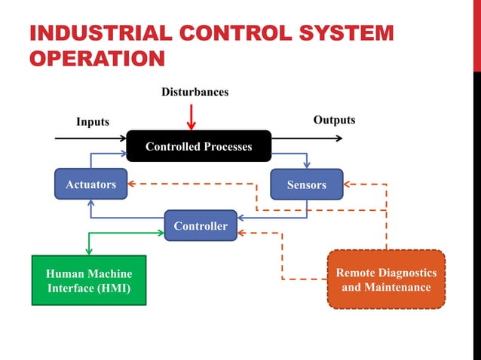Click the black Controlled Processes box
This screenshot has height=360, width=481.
click(x=198, y=146)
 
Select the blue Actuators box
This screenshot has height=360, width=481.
click(x=90, y=184)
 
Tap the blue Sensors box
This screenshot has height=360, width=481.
click(x=306, y=184)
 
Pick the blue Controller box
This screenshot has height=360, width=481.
click(x=201, y=226)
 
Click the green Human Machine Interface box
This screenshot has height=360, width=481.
click(x=88, y=280)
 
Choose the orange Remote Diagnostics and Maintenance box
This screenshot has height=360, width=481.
click(x=386, y=279)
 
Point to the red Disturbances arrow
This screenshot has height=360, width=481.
click(x=191, y=117)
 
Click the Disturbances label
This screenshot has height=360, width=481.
click(x=195, y=92)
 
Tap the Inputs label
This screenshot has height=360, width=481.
click(x=93, y=121)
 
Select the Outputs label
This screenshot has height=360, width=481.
click(x=334, y=120)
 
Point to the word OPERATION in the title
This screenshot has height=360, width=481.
click(x=97, y=58)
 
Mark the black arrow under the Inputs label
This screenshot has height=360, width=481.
click(x=90, y=139)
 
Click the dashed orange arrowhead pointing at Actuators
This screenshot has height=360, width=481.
click(x=131, y=184)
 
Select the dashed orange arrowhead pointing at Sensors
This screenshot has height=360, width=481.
click(x=348, y=184)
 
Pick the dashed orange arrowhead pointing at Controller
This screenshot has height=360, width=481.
click(x=242, y=233)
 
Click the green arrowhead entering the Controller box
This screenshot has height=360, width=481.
click(x=160, y=233)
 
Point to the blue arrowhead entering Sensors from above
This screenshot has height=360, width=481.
click(x=306, y=164)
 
